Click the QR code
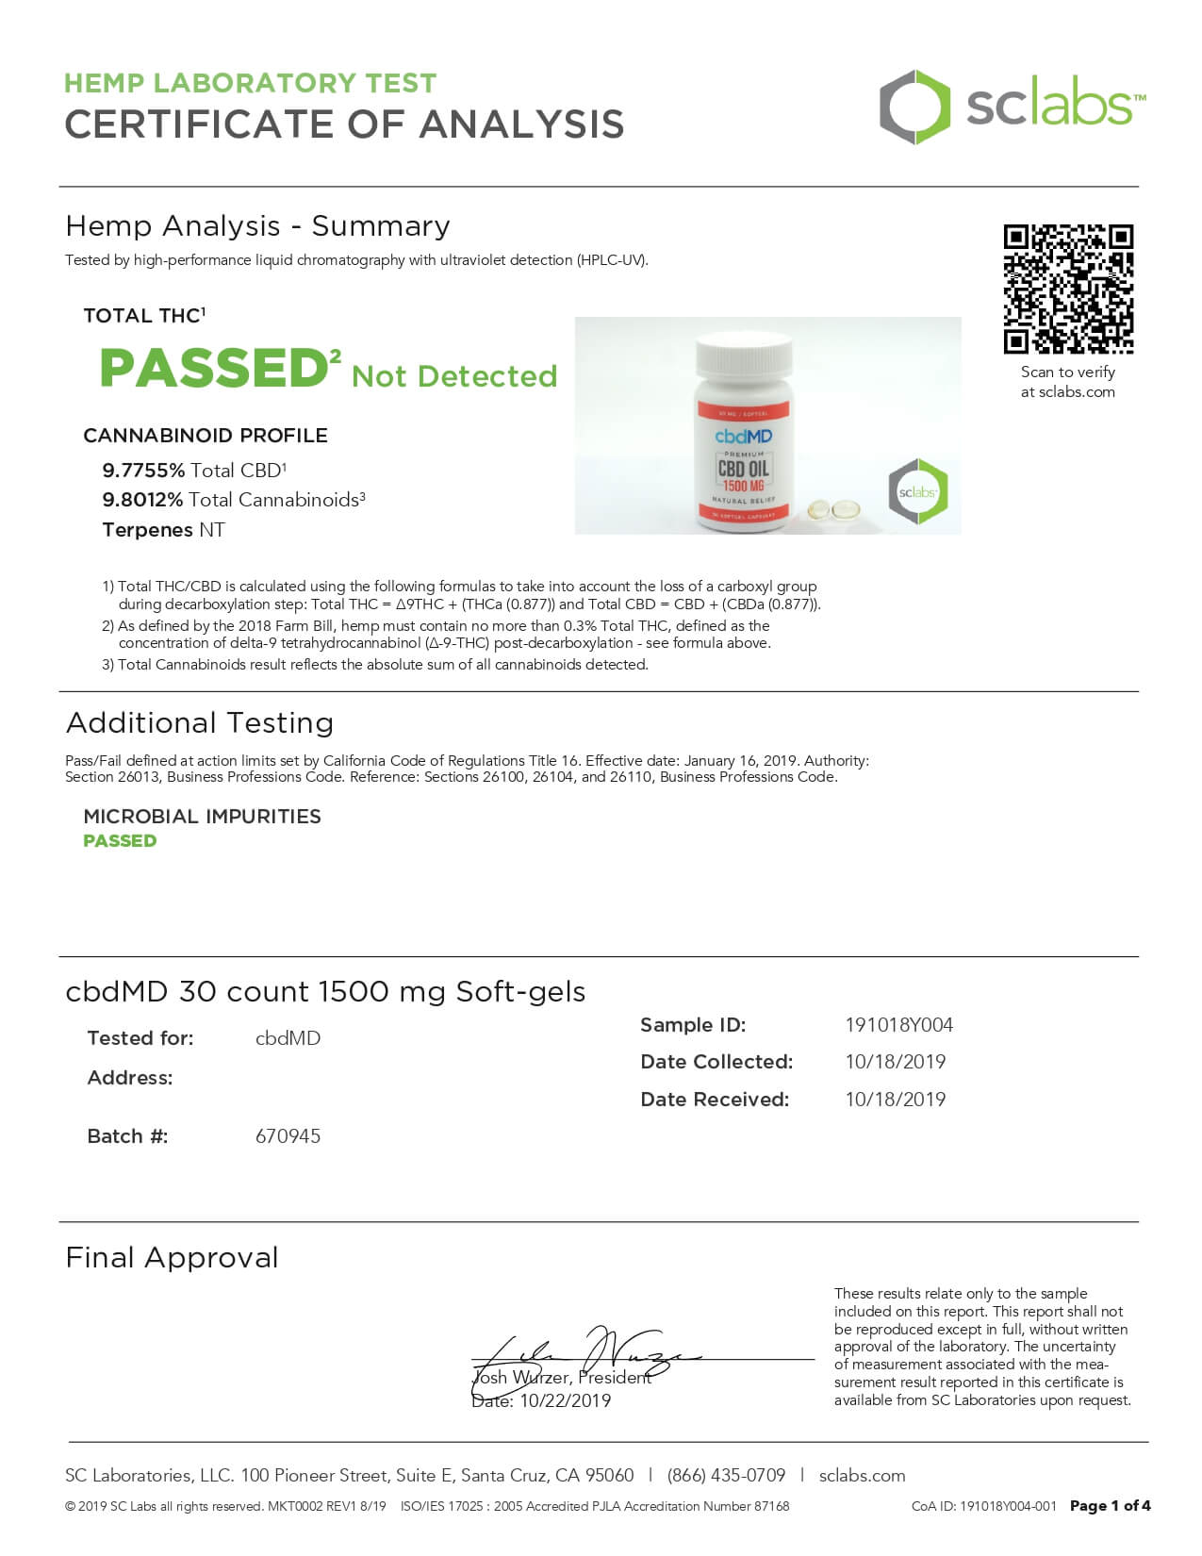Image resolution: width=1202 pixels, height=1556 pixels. (1068, 289)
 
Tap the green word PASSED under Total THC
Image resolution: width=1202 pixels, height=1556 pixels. (213, 368)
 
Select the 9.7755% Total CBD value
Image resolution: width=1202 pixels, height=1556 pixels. (143, 471)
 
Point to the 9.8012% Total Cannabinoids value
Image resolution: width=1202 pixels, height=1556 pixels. (142, 500)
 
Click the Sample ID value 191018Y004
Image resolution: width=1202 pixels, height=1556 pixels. (898, 1025)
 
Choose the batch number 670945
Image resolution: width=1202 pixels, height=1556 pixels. (288, 1136)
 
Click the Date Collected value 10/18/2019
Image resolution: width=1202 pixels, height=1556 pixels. (895, 1062)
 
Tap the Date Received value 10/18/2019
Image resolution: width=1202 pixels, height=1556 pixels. (895, 1100)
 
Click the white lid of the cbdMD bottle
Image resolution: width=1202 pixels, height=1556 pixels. (744, 356)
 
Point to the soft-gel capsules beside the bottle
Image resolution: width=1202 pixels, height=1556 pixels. (833, 510)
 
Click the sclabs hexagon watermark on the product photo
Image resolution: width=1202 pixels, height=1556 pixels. (917, 491)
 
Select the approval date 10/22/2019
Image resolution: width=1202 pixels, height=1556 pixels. (565, 1401)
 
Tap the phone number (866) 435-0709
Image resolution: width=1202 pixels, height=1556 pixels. (726, 1476)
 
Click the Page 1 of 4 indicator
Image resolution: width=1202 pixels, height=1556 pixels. (1110, 1507)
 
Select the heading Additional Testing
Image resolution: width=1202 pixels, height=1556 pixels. (200, 723)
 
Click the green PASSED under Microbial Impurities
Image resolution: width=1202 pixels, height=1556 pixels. (120, 841)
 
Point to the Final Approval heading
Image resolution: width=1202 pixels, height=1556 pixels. (172, 1258)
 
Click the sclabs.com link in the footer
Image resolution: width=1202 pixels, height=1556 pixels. (862, 1476)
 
